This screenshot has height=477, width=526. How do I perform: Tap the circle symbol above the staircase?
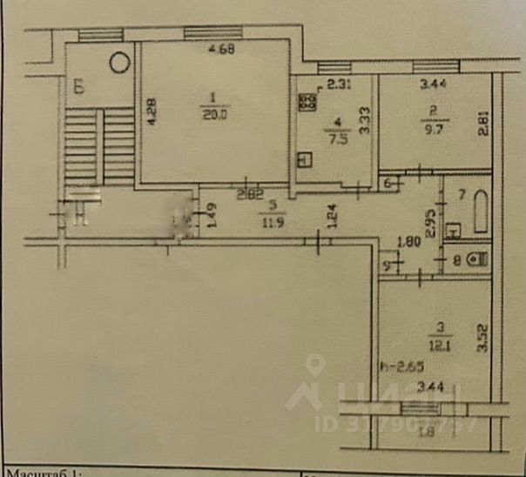[x=120, y=63]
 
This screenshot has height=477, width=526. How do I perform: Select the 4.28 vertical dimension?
[x=151, y=113]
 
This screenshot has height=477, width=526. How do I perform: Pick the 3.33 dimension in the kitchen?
[x=366, y=119]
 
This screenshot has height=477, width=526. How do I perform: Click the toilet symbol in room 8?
[x=475, y=259]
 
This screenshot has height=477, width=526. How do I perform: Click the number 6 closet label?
[x=389, y=182]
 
